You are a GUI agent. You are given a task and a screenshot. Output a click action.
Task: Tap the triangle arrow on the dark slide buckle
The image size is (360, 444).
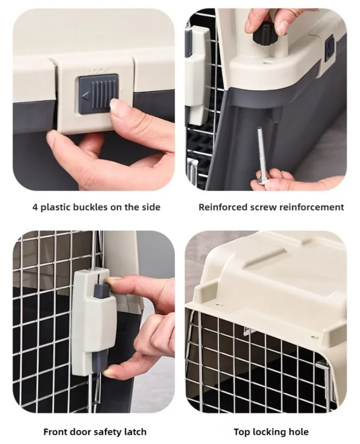point(86,96)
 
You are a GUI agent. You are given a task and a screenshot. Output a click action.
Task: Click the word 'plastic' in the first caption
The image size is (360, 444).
point(56,207)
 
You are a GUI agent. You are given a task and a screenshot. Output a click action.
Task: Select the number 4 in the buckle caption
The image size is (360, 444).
point(35,207)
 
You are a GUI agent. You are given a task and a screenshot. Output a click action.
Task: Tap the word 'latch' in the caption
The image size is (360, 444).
point(135,432)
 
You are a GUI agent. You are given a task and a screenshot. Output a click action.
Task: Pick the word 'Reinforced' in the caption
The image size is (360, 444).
point(223,207)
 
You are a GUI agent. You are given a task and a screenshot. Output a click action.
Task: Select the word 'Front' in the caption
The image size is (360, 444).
point(55,432)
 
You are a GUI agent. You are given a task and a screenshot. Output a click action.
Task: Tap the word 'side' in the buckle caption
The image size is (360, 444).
point(151,207)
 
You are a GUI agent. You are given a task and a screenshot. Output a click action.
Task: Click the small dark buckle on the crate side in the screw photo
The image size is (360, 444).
point(329,49)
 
